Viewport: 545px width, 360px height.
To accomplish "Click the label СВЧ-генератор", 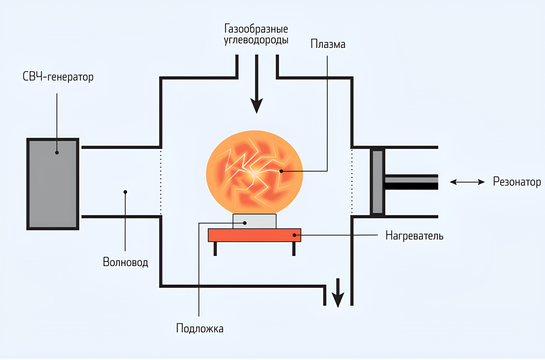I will tap(58, 77).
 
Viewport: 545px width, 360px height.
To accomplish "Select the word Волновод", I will tap(125, 262).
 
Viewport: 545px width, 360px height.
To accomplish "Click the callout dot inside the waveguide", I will tap(125, 192).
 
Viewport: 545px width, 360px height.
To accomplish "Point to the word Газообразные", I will tap(256, 29).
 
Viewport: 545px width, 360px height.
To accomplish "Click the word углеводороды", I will tap(256, 40).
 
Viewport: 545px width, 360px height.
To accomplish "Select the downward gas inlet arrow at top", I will tap(257, 87).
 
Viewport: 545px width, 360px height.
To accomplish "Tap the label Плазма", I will tap(327, 44).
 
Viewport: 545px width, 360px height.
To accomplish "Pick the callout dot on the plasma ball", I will tap(281, 171).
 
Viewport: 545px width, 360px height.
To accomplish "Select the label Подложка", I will tap(200, 328).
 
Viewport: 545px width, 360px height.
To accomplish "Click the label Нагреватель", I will tap(414, 236).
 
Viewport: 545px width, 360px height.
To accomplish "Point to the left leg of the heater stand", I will tap(215, 249).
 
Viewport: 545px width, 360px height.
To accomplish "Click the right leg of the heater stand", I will tap(294, 249).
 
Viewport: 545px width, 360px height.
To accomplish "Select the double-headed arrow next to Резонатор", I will tap(467, 182).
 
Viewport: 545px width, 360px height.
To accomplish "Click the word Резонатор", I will tap(517, 182).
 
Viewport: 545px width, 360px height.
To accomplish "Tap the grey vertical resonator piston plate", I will tap(377, 182).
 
